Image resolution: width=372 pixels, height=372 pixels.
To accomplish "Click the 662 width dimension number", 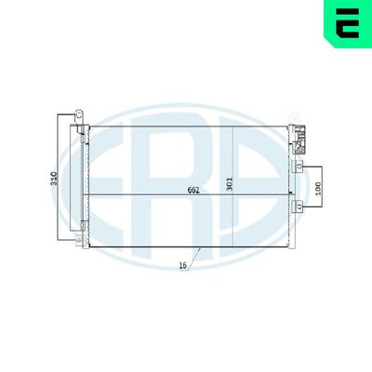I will pyautogui.click(x=193, y=192).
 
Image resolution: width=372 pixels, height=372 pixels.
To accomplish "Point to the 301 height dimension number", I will pyautogui.click(x=231, y=184).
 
